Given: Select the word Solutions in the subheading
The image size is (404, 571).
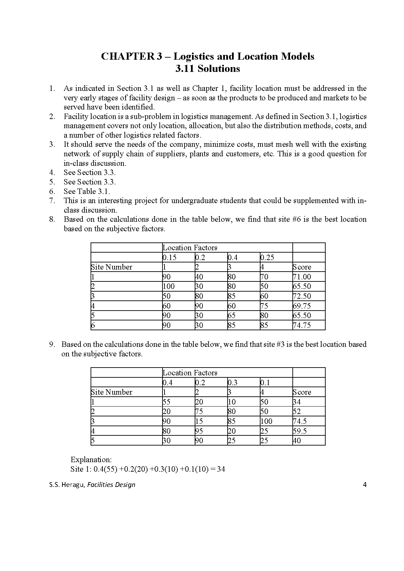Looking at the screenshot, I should point(218,69).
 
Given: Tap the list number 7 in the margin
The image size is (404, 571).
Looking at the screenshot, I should point(52,201).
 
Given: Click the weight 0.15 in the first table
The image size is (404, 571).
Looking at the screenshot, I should point(170,257).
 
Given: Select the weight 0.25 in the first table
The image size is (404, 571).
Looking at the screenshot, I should point(267,257).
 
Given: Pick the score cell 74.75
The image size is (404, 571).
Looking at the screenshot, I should point(302,326).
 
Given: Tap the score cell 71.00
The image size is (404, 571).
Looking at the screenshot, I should point(302,277).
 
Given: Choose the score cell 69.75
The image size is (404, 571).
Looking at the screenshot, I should point(302,306).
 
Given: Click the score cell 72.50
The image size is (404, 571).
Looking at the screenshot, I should point(302,296).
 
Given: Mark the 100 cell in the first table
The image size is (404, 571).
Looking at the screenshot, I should point(169,287).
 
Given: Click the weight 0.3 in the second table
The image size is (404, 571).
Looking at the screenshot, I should point(232,383).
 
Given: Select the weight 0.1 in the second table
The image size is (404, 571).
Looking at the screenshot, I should point(265,383).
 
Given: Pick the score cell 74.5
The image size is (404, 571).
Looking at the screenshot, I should point(300,421).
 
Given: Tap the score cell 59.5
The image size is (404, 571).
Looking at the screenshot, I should point(300,431).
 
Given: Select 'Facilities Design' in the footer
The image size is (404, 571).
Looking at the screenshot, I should point(111,485).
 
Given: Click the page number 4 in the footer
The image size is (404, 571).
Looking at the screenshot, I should point(365,485).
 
